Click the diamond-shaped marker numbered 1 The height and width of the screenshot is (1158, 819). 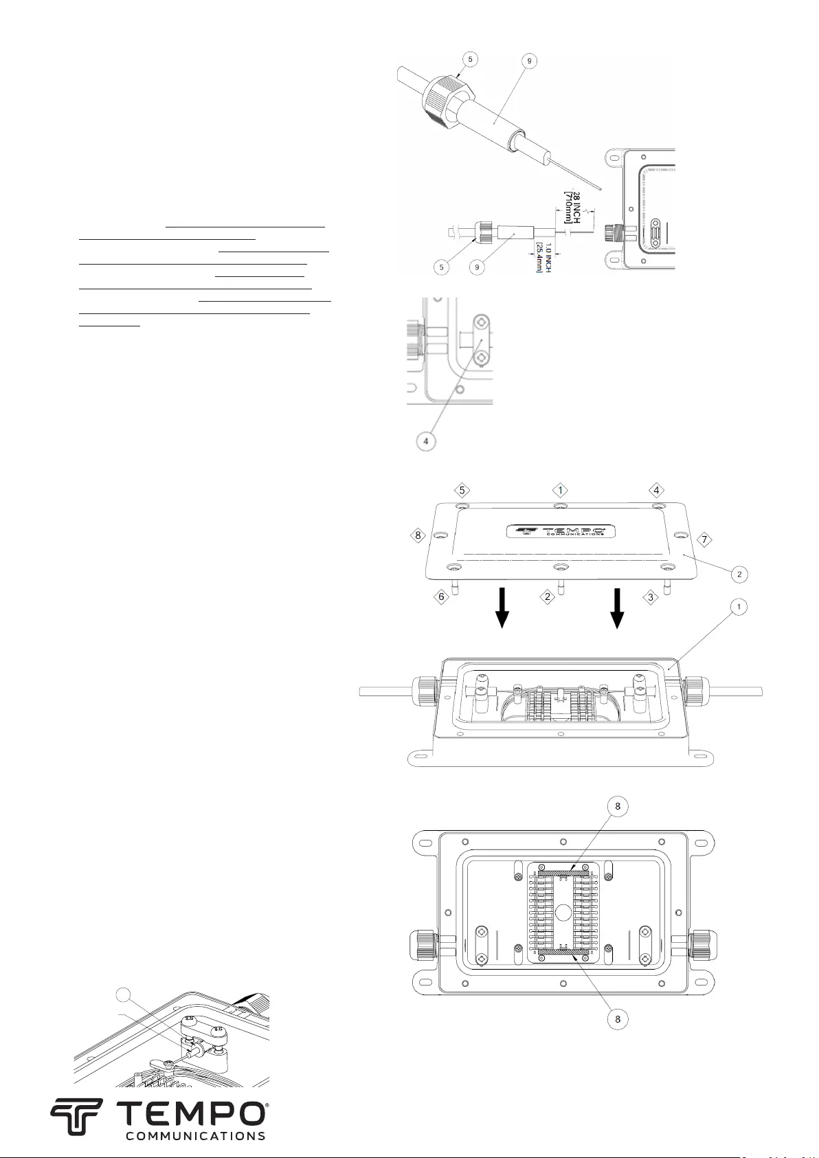click(x=561, y=490)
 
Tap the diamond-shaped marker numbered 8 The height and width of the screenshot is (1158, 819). click(x=417, y=535)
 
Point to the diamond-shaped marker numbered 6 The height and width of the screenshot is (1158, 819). click(x=441, y=597)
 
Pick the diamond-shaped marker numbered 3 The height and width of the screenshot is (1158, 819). click(x=651, y=597)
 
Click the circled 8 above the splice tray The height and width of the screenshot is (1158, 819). click(x=618, y=807)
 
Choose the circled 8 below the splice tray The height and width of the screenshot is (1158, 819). click(x=618, y=1019)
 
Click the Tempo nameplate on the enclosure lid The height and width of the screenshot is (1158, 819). click(x=561, y=531)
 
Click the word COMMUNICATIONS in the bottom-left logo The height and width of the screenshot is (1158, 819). click(x=195, y=1136)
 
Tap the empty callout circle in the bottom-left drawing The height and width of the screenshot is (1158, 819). click(x=123, y=994)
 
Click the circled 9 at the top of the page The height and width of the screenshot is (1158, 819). click(x=528, y=60)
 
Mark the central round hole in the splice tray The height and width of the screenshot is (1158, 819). click(x=562, y=912)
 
